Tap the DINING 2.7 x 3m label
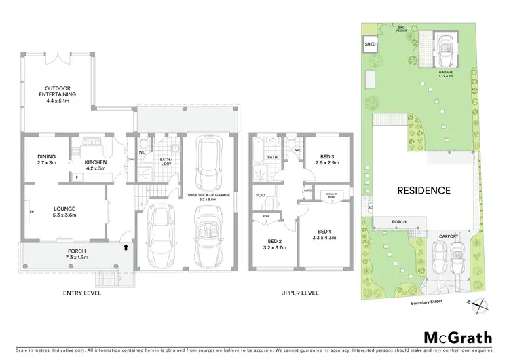[47, 159]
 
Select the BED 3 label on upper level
[328, 160]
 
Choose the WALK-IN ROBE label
[331, 195]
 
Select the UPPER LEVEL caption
[300, 294]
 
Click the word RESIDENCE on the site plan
[424, 190]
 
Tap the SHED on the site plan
[370, 45]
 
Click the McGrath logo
[458, 338]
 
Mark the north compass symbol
[481, 304]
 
